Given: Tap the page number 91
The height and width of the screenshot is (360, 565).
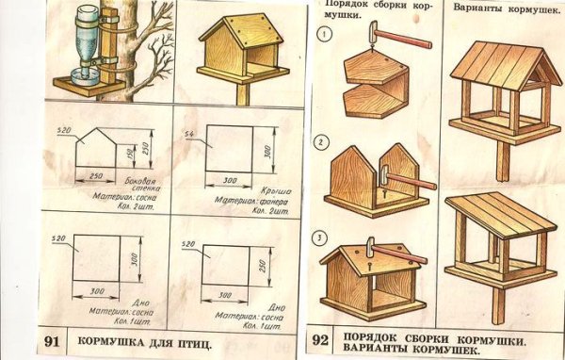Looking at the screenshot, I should point(54,341).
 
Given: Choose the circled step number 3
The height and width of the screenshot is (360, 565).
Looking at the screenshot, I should point(322,237).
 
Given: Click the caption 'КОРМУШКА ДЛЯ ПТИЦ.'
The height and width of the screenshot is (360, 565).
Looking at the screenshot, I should point(143,341).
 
